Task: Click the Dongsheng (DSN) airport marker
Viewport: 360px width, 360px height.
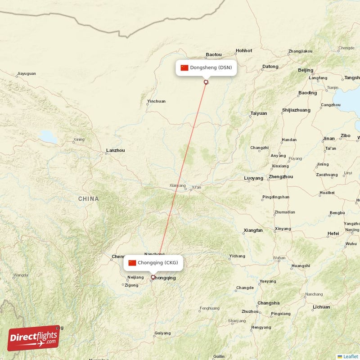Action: (206, 82)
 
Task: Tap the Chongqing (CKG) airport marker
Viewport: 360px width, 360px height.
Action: (153, 277)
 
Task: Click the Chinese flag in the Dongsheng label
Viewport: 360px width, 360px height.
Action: (184, 68)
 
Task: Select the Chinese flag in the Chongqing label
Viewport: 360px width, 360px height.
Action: (132, 263)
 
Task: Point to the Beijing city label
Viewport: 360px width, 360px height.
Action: (306, 70)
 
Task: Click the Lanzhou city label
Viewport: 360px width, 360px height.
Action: (115, 150)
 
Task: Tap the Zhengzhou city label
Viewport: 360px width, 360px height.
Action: (280, 177)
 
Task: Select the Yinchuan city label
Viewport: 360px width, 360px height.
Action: (156, 101)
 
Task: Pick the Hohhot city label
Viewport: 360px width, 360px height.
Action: (244, 51)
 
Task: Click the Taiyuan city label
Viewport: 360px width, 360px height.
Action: (259, 113)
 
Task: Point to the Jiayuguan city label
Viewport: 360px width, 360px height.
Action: (26, 73)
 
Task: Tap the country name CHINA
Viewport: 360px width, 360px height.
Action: (88, 198)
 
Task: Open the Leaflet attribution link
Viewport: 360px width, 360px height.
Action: (350, 356)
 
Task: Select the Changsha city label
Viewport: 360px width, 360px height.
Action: (268, 303)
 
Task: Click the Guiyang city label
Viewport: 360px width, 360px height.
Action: (162, 333)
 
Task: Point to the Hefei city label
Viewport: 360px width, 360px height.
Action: (333, 234)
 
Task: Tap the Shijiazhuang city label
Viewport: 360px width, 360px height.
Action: (296, 110)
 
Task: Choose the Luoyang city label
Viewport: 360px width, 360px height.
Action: (253, 178)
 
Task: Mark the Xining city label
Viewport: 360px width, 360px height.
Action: (79, 139)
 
